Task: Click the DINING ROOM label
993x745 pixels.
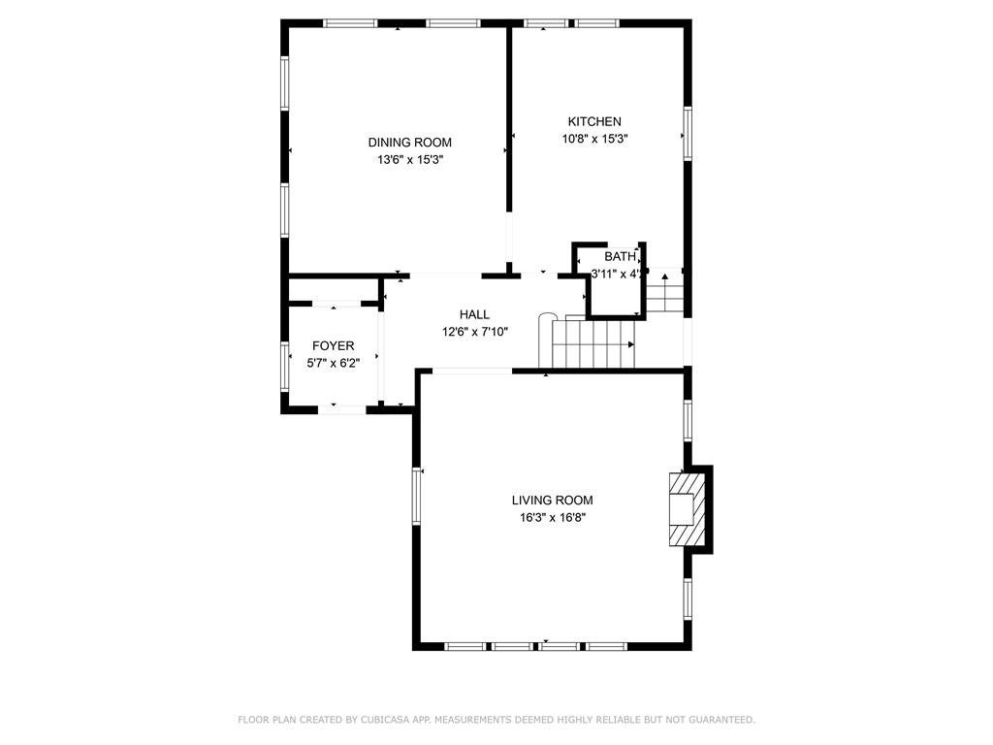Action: (409, 143)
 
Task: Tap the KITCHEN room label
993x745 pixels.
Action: (594, 121)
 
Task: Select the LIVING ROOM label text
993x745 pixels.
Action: (552, 501)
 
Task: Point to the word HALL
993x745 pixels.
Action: (474, 314)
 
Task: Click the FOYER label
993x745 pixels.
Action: (333, 346)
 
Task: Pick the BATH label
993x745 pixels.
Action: (620, 256)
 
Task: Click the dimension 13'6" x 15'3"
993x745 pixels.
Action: (409, 160)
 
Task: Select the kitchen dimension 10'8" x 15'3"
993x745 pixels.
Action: (594, 139)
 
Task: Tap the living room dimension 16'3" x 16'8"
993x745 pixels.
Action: (552, 518)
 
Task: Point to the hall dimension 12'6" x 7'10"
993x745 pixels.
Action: (474, 332)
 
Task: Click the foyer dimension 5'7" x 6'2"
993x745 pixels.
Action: (333, 364)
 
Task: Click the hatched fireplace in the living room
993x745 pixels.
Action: (686, 509)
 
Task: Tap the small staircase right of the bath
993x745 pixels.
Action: (665, 292)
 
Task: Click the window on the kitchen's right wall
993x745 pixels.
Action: (687, 133)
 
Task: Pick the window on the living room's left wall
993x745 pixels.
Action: (417, 496)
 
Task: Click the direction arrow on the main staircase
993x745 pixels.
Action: (631, 344)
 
